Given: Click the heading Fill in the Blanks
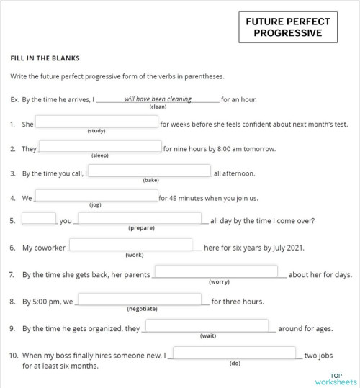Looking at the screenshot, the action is [x=45, y=58].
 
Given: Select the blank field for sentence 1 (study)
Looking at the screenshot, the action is [x=96, y=122].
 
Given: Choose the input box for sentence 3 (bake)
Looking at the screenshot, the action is [x=150, y=171].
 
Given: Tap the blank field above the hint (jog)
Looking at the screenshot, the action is [x=96, y=196].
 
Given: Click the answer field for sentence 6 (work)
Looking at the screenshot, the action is [x=130, y=245].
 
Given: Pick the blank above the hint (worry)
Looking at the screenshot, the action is [x=216, y=271].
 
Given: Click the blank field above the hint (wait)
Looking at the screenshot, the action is [x=207, y=326].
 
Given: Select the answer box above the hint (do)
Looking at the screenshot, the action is [x=234, y=353].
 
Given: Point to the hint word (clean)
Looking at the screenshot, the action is [x=158, y=107].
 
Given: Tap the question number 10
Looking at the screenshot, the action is [x=14, y=355].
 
